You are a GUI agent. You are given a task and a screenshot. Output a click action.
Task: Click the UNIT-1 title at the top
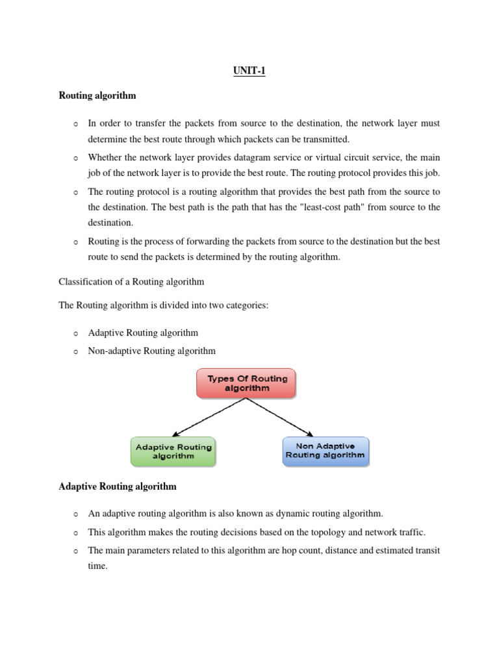point(249,71)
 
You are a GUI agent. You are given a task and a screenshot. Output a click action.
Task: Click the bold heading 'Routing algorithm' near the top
point(97,95)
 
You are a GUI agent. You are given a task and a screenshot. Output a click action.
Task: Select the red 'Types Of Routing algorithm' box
point(246,383)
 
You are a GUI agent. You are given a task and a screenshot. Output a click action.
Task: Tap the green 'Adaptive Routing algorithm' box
point(173,451)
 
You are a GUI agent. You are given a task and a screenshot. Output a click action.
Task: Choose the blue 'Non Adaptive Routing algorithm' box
point(326,451)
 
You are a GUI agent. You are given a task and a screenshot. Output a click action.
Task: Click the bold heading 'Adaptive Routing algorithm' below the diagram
point(118,486)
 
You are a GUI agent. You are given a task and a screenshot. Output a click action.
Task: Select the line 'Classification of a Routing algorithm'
point(131,281)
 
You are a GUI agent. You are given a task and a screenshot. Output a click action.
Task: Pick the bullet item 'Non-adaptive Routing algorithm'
point(151,351)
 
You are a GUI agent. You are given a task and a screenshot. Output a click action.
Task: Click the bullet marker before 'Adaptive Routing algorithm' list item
point(75,334)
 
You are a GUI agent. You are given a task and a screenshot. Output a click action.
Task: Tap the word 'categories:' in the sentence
point(246,305)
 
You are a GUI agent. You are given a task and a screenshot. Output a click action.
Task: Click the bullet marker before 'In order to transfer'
point(75,124)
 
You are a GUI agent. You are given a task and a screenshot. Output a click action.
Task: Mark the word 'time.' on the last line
point(99,566)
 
